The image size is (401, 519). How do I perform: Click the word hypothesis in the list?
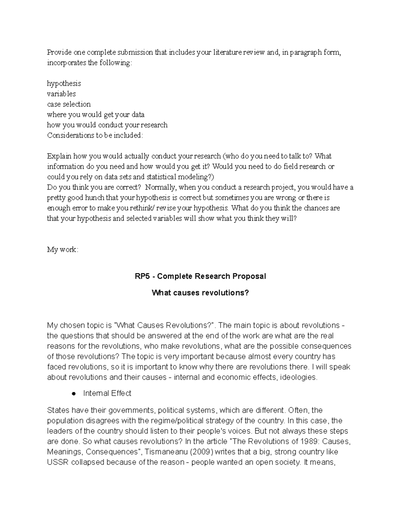pos(64,84)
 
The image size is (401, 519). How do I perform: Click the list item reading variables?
pos(61,94)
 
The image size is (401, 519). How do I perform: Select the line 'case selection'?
pos(69,104)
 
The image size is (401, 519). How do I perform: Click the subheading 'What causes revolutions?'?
pos(200,293)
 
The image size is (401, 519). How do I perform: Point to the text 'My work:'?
pos(62,250)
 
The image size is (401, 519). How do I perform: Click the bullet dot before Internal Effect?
pos(74,394)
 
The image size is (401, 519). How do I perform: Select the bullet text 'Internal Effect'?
pos(107,393)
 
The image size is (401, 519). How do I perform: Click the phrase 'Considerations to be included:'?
pos(95,135)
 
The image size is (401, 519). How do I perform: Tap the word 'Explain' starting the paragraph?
pos(59,156)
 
